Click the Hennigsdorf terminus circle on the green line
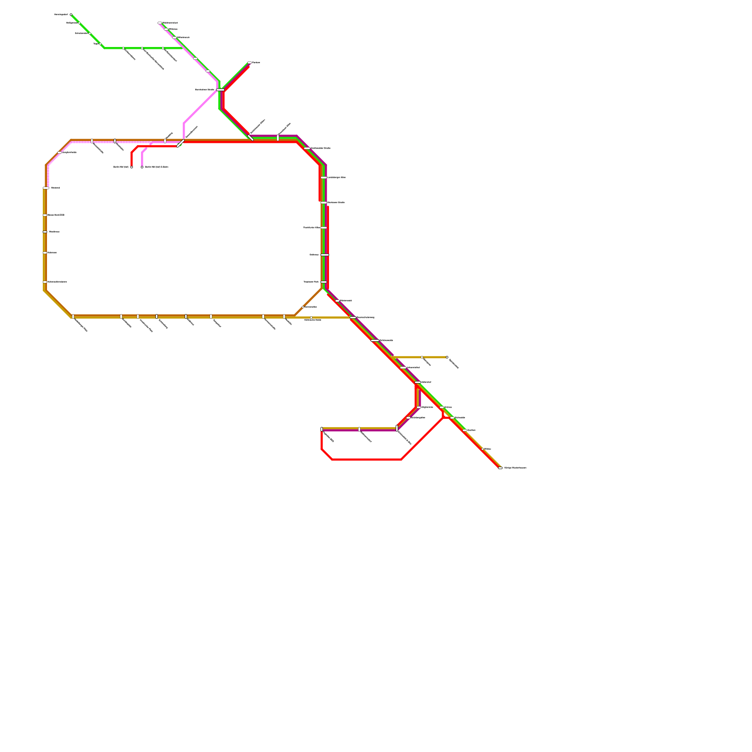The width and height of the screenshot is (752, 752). (71, 15)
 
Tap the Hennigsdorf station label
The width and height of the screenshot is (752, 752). (61, 15)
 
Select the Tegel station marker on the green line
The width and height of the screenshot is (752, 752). (100, 44)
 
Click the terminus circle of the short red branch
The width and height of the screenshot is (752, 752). (132, 167)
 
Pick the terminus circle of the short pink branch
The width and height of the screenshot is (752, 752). (142, 167)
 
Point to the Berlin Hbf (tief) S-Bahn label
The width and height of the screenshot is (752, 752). (157, 167)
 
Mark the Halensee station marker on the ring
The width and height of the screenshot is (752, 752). (45, 253)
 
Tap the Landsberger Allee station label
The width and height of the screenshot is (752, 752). (337, 177)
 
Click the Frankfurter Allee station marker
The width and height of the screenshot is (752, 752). (324, 227)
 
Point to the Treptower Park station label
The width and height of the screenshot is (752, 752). (311, 282)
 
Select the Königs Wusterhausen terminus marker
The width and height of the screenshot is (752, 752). (500, 468)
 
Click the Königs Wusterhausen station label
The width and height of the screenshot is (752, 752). (515, 468)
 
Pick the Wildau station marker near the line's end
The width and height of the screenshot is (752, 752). (483, 449)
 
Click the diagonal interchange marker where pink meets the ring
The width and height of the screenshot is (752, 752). (180, 143)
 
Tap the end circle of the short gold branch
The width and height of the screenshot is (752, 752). (447, 357)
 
